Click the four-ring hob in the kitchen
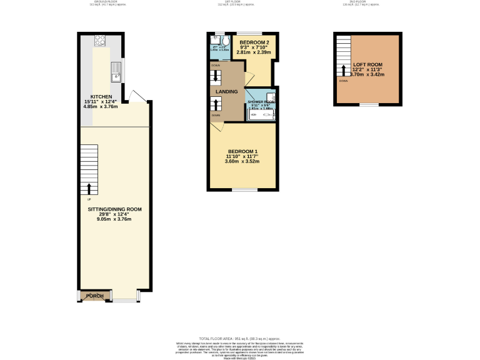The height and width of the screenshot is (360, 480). [x=100, y=40]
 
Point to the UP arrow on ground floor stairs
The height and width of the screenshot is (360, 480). [x=89, y=189]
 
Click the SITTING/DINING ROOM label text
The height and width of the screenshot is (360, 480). [x=114, y=209]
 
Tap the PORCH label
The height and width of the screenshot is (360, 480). [x=94, y=296]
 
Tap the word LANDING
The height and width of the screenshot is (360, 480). [x=226, y=92]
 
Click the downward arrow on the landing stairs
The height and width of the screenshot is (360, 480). [x=216, y=77]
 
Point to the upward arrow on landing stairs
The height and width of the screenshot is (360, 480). [x=216, y=104]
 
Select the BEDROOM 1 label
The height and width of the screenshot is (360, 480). [x=242, y=152]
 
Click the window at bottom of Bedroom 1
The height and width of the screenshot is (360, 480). [x=244, y=189]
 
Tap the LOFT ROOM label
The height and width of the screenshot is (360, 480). [x=367, y=64]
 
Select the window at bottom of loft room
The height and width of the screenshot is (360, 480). [x=369, y=105]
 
